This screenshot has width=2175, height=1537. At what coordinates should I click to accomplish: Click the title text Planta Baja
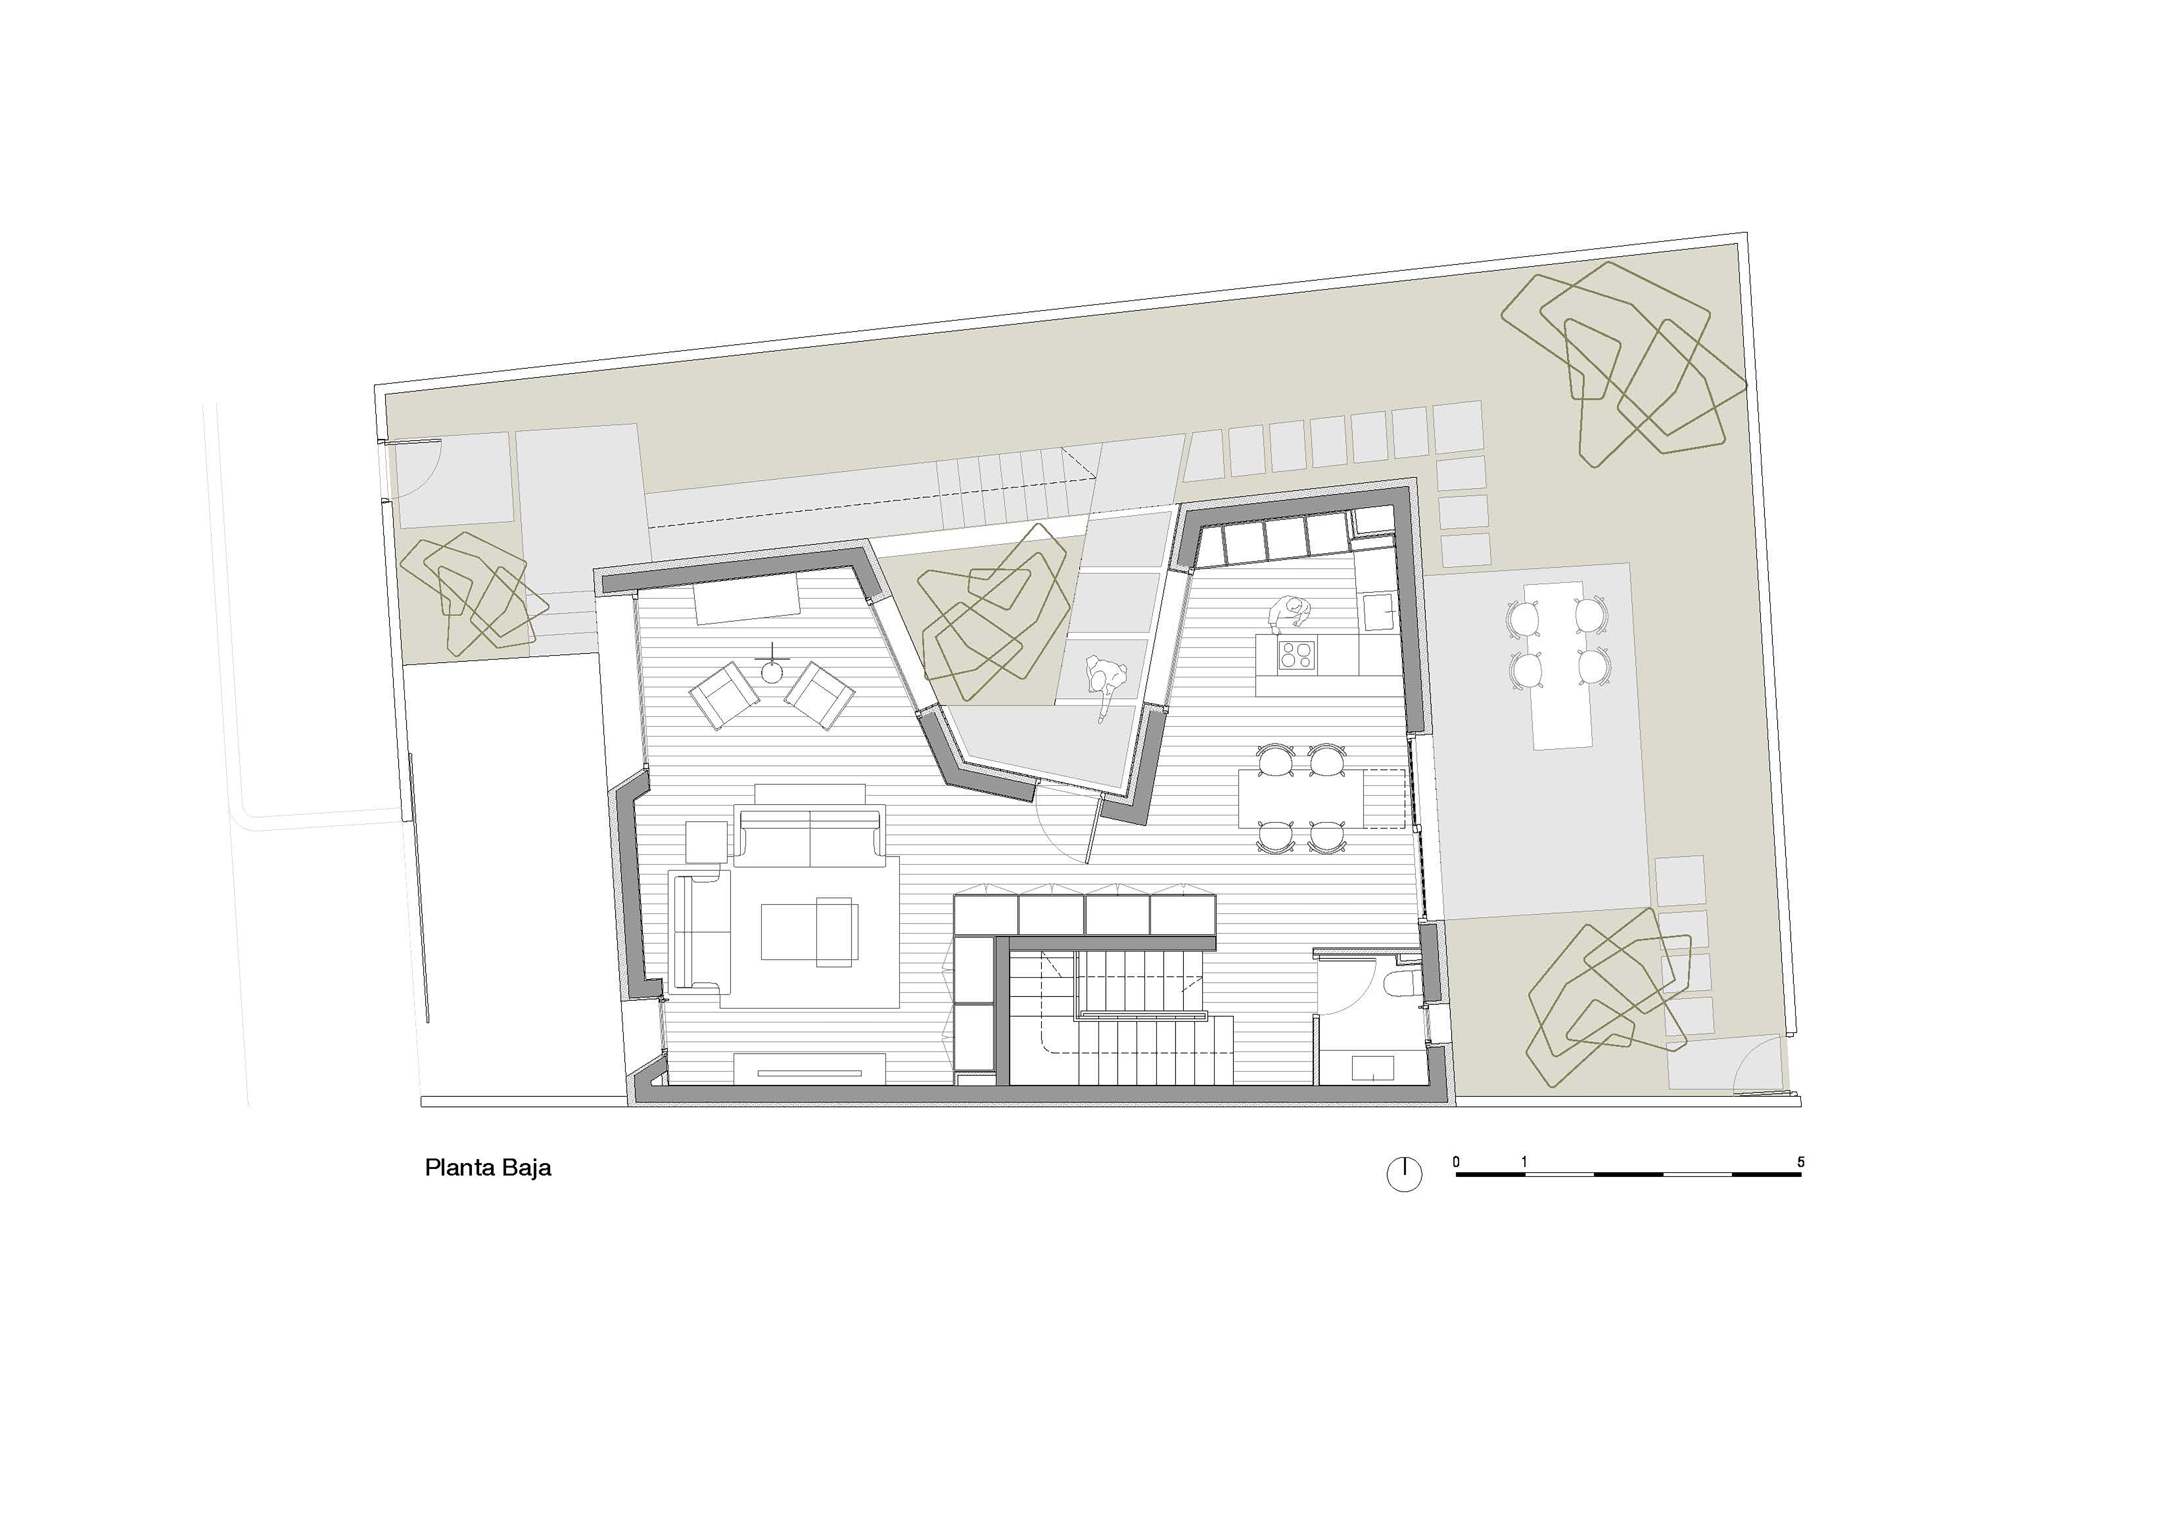coord(488,1168)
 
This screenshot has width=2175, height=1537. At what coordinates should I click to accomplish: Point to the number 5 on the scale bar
coord(1801,1162)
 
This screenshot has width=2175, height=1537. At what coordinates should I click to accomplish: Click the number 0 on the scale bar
coord(1456,1162)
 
